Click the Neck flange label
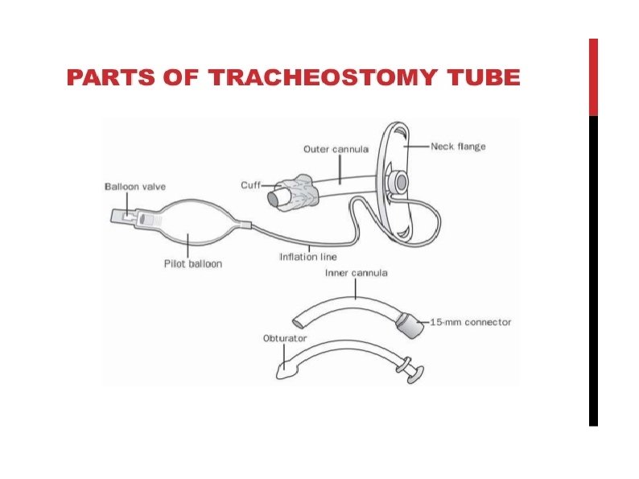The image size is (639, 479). tap(458, 147)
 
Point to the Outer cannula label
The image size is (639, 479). tap(336, 149)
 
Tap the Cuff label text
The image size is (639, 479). tap(250, 185)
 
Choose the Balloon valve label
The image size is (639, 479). tap(135, 187)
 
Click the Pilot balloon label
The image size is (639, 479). tap(193, 263)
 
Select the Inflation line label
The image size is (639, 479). tap(308, 258)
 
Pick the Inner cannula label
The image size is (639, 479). tap(356, 273)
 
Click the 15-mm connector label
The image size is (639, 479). tap(471, 322)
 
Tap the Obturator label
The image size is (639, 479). tap(285, 338)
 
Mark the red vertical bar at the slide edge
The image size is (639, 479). tap(593, 76)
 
